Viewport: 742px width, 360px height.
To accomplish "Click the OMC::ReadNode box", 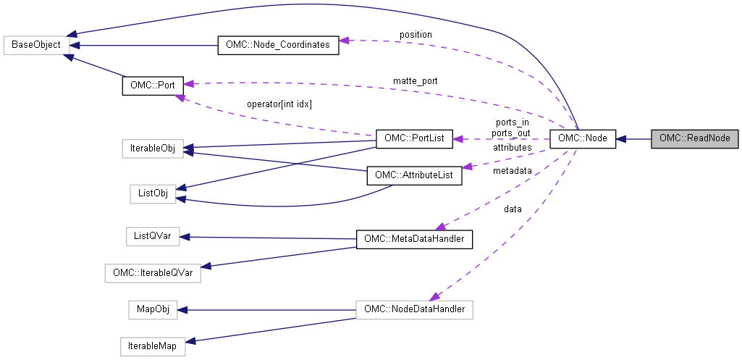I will [694, 138].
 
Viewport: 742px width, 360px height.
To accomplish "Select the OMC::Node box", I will [583, 138].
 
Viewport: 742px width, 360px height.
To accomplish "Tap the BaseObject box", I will [37, 45].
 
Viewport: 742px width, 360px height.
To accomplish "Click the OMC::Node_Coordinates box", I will [278, 45].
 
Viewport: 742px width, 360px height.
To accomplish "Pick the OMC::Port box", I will [152, 85].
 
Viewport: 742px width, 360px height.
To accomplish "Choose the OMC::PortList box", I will [414, 138].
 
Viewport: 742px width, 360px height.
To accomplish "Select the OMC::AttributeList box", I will [414, 175].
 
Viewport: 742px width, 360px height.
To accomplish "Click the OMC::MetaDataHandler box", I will [414, 238].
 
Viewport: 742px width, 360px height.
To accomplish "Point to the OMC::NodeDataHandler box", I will [414, 310].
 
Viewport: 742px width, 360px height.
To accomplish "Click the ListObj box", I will [153, 193].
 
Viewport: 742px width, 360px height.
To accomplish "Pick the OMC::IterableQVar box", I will [153, 273].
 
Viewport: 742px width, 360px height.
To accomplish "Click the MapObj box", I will [153, 310].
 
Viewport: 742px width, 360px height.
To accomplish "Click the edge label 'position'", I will [416, 35].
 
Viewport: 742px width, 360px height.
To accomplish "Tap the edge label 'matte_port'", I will [415, 80].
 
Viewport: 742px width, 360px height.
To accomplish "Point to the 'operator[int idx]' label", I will [279, 104].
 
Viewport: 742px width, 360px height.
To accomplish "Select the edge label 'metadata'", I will [512, 171].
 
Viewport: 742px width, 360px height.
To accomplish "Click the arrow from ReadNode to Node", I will [634, 138].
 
